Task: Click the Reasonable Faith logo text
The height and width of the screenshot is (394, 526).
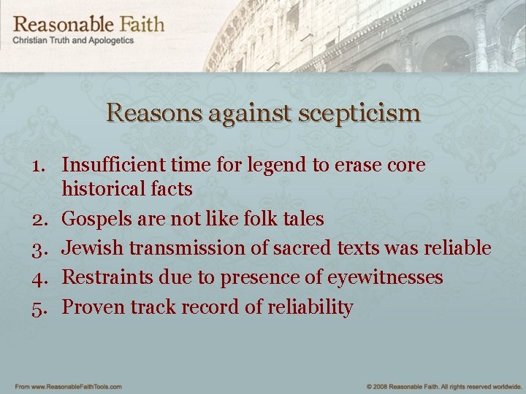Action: point(88,23)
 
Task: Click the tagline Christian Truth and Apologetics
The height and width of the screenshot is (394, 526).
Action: point(73,41)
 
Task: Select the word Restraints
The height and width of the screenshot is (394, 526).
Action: point(104,277)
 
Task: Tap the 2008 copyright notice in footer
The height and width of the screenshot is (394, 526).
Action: point(441,386)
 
